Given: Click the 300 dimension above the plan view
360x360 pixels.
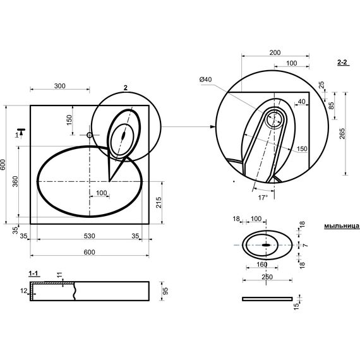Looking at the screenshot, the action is [60, 86].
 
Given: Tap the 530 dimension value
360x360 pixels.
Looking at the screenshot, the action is [89, 236].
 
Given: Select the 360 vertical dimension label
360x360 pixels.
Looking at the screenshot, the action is [15, 181].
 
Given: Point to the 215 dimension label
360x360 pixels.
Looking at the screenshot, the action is [159, 203].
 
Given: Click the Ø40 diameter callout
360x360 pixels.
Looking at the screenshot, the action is [205, 80].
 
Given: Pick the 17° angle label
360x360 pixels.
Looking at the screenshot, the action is [263, 198].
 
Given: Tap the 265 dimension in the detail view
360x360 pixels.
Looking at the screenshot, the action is [342, 133].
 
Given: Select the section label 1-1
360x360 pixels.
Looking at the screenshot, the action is [33, 273].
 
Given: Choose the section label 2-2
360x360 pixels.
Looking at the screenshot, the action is [342, 63].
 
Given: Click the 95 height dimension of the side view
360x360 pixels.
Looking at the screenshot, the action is [165, 291].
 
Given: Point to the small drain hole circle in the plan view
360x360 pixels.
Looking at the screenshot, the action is [90, 135].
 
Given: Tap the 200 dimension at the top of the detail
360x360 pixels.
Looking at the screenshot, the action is [275, 52].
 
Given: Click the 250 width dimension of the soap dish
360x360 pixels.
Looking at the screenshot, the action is [267, 277].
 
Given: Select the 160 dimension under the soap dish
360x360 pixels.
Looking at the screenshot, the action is [262, 265].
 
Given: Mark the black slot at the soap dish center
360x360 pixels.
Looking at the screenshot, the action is [266, 245].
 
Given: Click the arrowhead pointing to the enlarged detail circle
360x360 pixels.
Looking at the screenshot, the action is [213, 126].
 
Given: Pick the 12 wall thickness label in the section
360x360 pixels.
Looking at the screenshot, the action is [23, 291].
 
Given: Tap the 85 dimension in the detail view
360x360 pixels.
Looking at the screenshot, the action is [332, 105].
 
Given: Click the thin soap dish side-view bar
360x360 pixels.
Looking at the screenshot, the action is [268, 299].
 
